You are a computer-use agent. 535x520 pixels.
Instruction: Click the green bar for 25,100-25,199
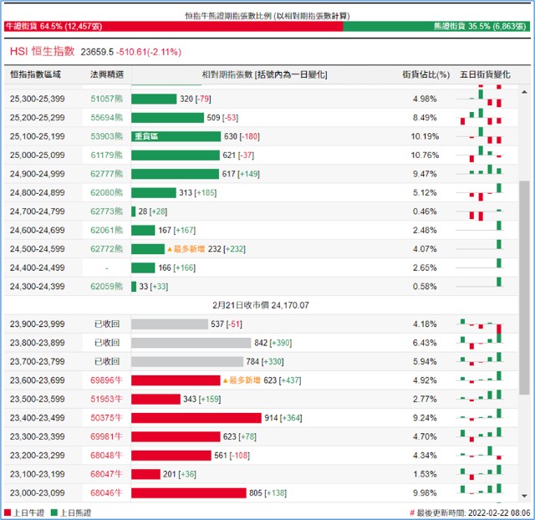pos(176,136)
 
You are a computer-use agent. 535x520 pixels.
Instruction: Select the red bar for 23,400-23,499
pos(196,418)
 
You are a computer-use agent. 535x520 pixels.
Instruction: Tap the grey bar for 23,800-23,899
pos(191,343)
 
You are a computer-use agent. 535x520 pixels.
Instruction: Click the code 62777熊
pos(106,174)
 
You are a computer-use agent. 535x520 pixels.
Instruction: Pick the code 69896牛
pos(106,380)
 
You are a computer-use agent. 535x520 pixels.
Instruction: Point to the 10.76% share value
pos(425,155)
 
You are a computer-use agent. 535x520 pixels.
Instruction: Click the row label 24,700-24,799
pos(37,212)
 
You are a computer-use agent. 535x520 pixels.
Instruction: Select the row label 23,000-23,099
pos(37,493)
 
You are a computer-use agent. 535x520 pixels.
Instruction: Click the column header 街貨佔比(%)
pos(425,74)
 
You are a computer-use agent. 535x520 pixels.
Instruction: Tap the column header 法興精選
pos(107,74)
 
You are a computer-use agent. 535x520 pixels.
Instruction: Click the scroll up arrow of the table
pos(524,92)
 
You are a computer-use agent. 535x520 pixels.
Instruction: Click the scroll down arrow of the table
pos(524,496)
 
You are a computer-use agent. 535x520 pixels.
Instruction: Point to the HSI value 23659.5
pos(97,52)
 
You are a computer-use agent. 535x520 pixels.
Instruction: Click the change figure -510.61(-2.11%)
pos(149,52)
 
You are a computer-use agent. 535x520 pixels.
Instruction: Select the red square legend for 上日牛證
pos(8,512)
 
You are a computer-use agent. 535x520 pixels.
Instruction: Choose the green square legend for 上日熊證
pos(53,512)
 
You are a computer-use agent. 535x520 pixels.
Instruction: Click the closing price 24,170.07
pos(290,305)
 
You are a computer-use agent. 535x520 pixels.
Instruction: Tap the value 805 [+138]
pos(267,493)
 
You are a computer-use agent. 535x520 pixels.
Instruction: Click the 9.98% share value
pos(425,493)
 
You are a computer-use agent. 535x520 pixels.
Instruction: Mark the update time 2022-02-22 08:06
pos(499,512)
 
